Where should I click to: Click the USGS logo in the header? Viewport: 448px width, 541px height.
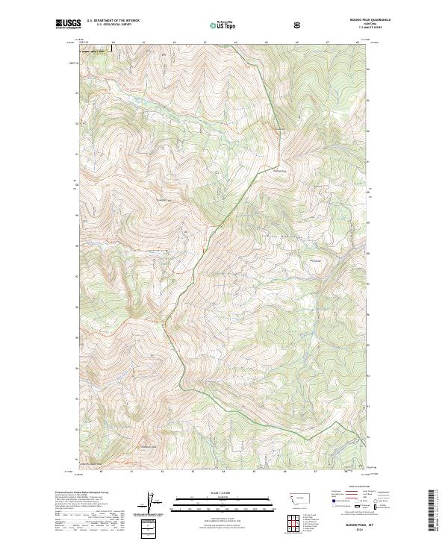point(68,24)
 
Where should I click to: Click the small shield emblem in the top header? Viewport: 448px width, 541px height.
point(299,24)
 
